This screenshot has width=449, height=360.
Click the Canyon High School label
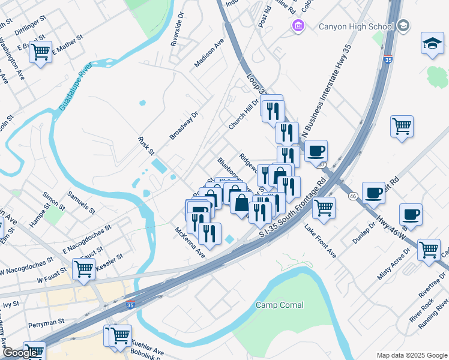[355, 26]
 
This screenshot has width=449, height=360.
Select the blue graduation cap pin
[432, 44]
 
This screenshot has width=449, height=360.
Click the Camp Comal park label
[280, 305]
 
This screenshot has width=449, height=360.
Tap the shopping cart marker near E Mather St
[41, 53]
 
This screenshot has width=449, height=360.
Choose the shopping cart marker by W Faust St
[83, 270]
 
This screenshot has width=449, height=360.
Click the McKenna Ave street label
[190, 242]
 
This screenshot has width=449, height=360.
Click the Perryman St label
[46, 322]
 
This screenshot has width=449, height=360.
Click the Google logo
[21, 353]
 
